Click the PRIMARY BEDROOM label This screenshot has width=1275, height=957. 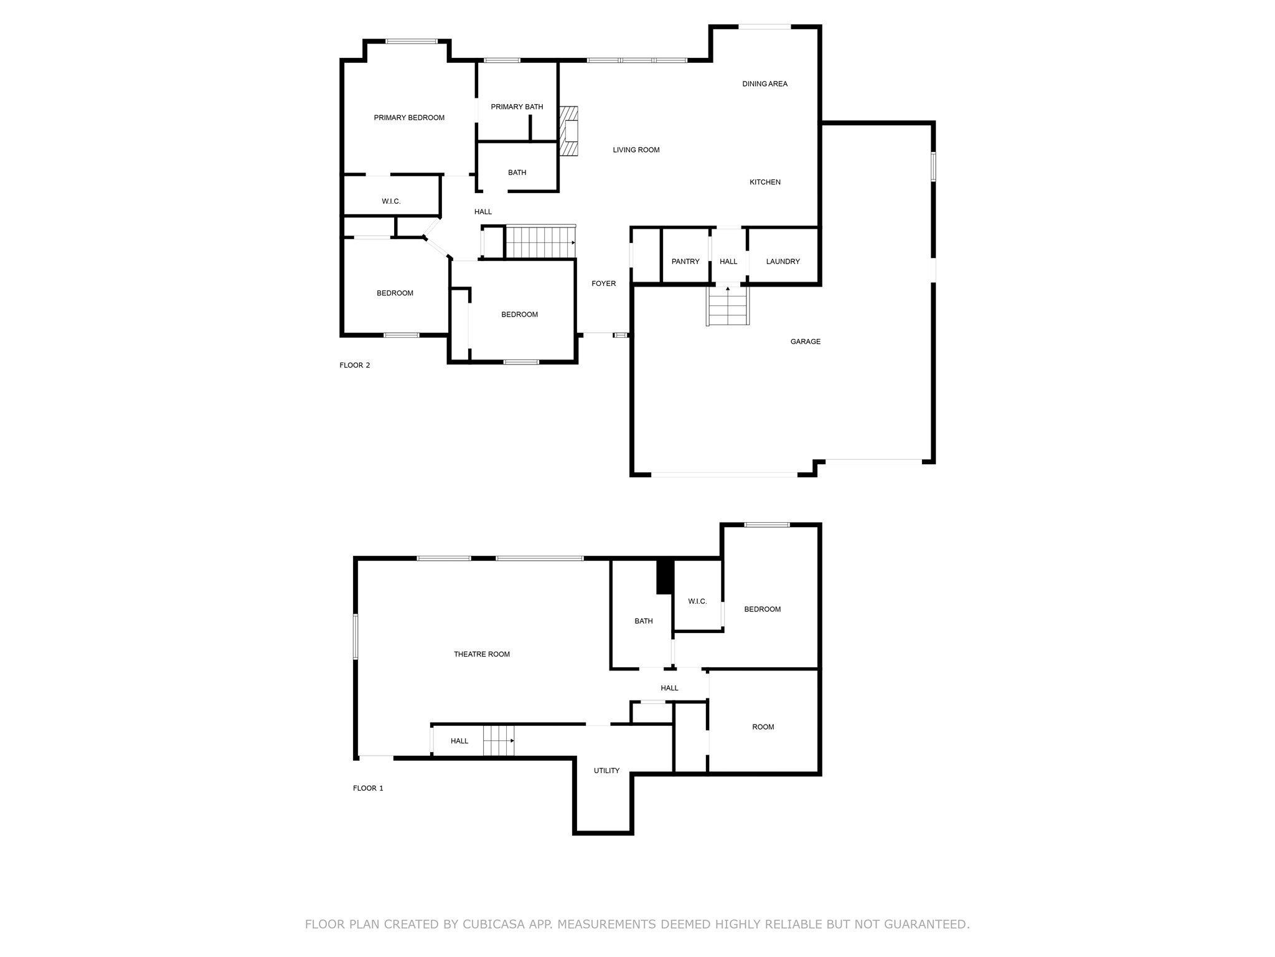click(409, 118)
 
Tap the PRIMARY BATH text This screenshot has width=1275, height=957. click(517, 107)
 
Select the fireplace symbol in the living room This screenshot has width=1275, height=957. click(568, 131)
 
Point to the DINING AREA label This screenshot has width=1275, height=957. click(765, 84)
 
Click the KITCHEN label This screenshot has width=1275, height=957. click(765, 183)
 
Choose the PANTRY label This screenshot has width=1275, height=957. click(685, 262)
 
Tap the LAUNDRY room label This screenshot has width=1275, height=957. click(783, 262)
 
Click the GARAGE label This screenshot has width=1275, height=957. click(805, 342)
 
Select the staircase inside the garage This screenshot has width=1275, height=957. click(727, 307)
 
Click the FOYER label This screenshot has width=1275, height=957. click(603, 284)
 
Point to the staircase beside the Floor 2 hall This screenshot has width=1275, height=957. click(539, 242)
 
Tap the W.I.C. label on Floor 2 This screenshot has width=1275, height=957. click(391, 202)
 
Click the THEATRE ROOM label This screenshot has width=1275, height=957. click(481, 655)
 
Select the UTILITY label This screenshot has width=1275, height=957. click(606, 771)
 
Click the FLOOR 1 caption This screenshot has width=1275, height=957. click(368, 789)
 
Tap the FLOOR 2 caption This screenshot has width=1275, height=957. click(355, 366)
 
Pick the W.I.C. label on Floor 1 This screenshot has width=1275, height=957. click(697, 602)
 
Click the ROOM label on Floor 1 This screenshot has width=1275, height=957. click(763, 727)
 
